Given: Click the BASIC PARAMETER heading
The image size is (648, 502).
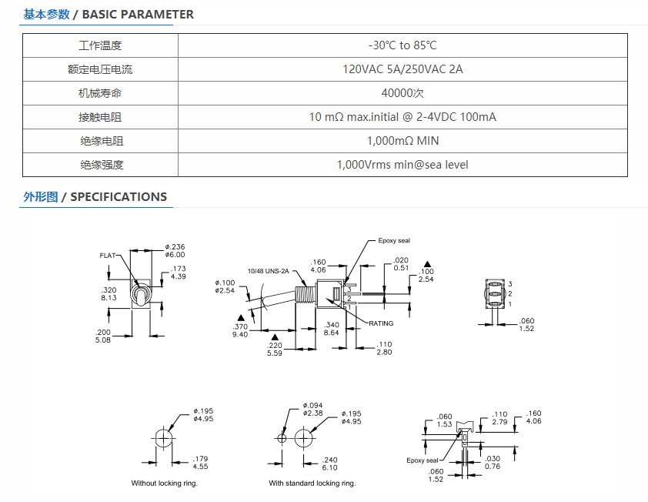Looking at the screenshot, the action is click(138, 15).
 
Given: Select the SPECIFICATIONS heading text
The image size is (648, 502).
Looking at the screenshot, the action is click(119, 197).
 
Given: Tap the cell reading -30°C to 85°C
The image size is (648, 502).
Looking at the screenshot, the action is click(402, 45).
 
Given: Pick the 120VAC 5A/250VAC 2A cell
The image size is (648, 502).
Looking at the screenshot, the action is click(402, 69).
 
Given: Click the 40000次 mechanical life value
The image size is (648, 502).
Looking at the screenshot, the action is click(402, 93).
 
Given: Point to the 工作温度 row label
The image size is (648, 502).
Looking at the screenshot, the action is click(100, 45).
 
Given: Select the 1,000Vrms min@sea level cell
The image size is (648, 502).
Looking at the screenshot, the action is click(402, 165).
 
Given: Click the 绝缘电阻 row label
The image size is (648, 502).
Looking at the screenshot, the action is click(102, 141).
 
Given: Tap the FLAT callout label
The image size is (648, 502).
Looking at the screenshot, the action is click(108, 256).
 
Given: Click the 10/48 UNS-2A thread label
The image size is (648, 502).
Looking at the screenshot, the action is click(269, 271).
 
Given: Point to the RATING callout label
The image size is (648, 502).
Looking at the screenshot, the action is click(381, 323).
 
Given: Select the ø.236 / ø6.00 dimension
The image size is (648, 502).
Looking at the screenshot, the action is click(175, 250).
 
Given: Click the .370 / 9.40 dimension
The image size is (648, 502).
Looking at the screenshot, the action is click(240, 330).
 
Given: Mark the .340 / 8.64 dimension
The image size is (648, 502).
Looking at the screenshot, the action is click(332, 329).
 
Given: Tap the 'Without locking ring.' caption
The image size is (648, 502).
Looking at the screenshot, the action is click(165, 483).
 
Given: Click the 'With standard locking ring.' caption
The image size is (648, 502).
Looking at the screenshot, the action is click(312, 483).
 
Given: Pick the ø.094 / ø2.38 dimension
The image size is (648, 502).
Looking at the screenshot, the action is click(313, 410).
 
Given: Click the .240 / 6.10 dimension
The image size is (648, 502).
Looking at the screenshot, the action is click(330, 464).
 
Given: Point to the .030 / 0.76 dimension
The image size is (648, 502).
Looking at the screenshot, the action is click(493, 462).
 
